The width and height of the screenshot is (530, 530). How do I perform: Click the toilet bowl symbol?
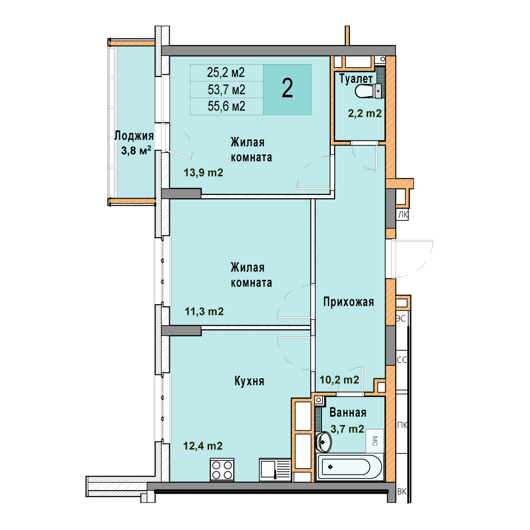(x=368, y=91)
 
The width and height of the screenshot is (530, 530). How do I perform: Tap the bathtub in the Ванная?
(x=350, y=467)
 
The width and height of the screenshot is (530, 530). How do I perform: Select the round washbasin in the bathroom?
(x=323, y=442)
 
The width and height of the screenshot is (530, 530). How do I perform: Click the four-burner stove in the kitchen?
(x=222, y=470)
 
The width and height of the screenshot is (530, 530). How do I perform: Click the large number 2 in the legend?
(x=287, y=88)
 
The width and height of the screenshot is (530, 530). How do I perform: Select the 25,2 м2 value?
(x=226, y=72)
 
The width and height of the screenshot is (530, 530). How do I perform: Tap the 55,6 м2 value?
(x=226, y=106)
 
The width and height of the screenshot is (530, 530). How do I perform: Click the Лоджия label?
(x=134, y=135)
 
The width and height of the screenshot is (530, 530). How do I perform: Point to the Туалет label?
(x=356, y=79)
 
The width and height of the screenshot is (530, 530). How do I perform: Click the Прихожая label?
(x=348, y=301)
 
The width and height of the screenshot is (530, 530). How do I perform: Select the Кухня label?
(x=249, y=381)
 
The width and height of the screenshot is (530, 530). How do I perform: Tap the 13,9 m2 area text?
(x=203, y=173)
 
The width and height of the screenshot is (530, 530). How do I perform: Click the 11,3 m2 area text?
(x=204, y=311)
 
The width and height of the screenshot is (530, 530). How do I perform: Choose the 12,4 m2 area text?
(x=203, y=446)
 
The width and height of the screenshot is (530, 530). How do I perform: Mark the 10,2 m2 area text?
(x=340, y=380)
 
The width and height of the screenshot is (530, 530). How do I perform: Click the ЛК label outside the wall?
(x=402, y=214)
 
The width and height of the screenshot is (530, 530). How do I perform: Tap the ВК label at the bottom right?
(x=402, y=491)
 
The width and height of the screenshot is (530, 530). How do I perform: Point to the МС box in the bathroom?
(x=375, y=441)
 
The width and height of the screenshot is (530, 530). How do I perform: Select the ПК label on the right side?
(x=402, y=425)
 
